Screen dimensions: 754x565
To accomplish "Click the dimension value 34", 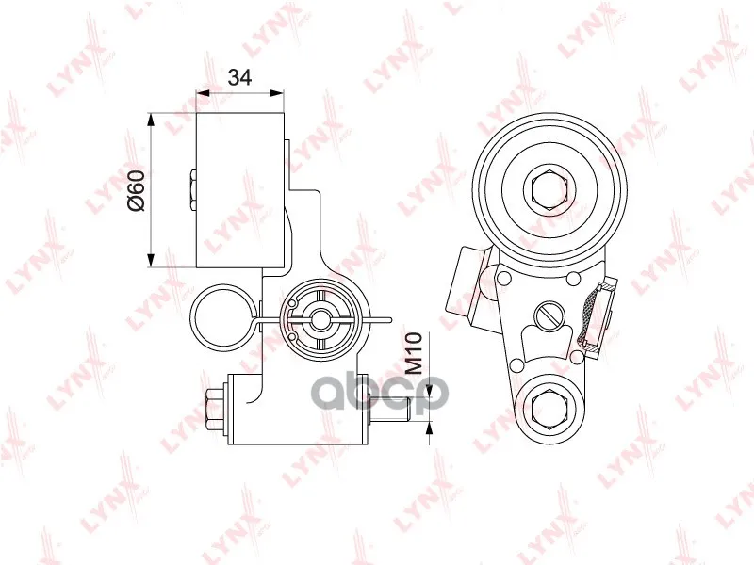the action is (239, 77).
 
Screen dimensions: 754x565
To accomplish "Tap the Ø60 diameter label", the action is (136, 190).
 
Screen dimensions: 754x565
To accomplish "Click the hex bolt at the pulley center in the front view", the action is (549, 189).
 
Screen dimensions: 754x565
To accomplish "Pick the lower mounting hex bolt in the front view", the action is (549, 408).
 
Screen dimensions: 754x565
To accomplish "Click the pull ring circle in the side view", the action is (221, 316).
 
